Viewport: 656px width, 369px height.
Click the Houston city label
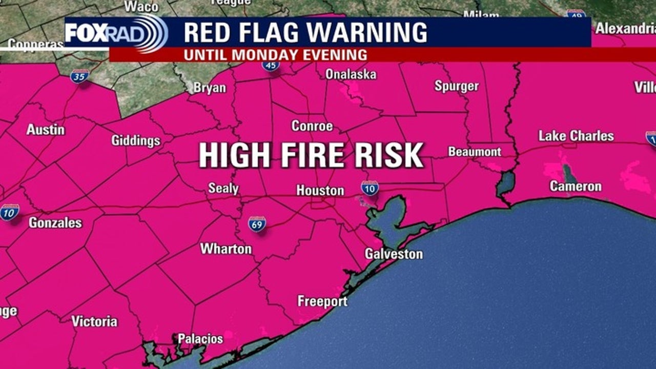click(320, 191)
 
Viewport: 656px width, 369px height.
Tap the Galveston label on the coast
click(394, 254)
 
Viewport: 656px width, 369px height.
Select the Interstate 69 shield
click(257, 224)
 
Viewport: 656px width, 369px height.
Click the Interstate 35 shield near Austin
click(79, 76)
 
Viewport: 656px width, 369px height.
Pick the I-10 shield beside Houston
click(370, 188)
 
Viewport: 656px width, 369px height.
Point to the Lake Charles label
click(576, 136)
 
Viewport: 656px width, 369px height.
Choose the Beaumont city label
click(475, 152)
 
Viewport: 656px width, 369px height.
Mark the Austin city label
click(46, 130)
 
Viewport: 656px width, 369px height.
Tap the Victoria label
click(94, 321)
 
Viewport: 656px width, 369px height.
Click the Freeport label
click(322, 301)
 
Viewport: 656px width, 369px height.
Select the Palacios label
click(200, 339)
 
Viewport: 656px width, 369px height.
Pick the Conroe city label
click(312, 126)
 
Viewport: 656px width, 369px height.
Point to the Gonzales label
click(55, 222)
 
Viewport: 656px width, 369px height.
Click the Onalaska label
click(351, 74)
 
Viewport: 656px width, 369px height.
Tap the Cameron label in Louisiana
click(576, 186)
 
